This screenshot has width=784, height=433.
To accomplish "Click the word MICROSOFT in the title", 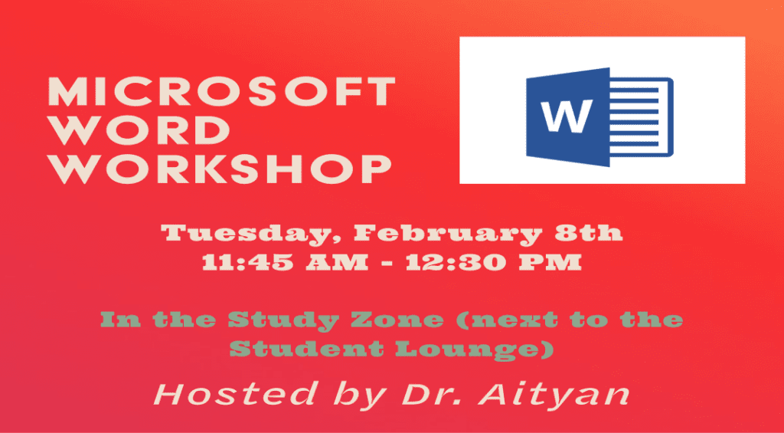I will tap(221, 93).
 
